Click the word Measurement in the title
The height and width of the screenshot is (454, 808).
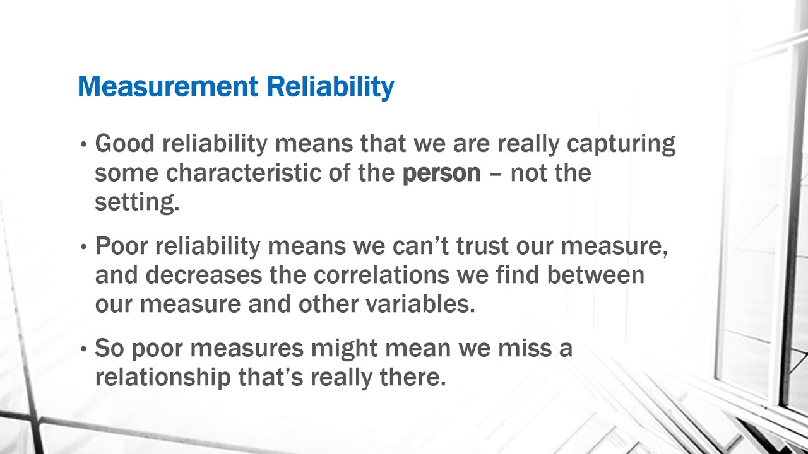[168, 86]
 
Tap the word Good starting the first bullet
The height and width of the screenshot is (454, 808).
[124, 144]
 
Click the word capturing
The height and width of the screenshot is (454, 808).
[621, 144]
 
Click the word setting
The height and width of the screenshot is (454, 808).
[136, 202]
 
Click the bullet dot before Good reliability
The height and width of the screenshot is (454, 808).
[84, 145]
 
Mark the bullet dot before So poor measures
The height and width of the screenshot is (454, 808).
[84, 349]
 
